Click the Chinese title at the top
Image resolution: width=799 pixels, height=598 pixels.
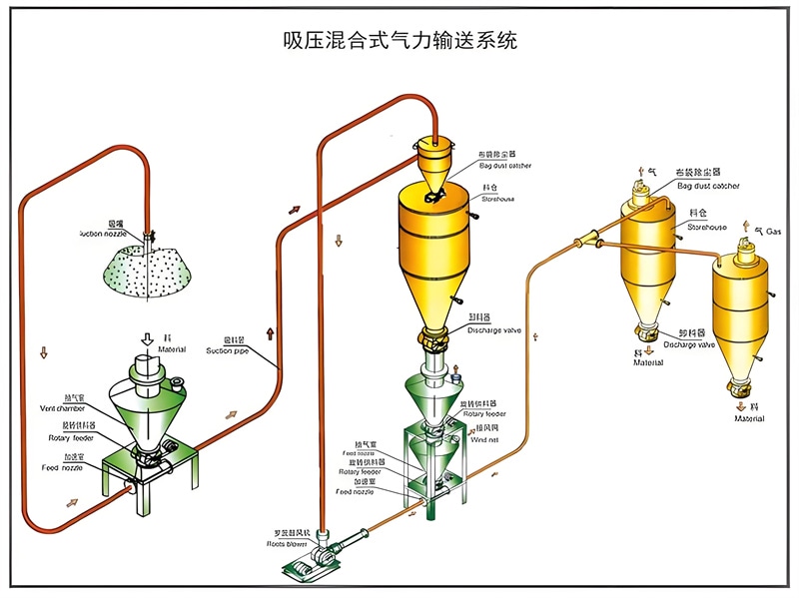pyautogui.click(x=400, y=42)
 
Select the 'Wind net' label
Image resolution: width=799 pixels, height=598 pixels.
pyautogui.click(x=485, y=437)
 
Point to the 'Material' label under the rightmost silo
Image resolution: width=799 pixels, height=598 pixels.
pyautogui.click(x=750, y=418)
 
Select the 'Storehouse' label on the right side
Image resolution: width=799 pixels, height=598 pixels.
pyautogui.click(x=706, y=227)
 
